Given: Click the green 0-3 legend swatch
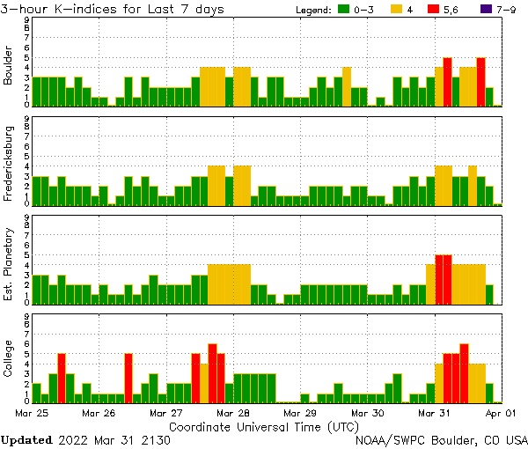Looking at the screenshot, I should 345,10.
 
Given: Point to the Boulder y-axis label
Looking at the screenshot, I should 9,67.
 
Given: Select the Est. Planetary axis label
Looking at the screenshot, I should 9,265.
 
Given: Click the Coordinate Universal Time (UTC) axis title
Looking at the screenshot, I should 265,426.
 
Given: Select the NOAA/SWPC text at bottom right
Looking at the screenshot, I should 386,439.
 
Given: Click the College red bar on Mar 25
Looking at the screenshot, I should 62,377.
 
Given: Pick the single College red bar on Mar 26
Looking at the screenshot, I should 128,377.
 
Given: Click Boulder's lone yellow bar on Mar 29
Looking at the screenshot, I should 347,86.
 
